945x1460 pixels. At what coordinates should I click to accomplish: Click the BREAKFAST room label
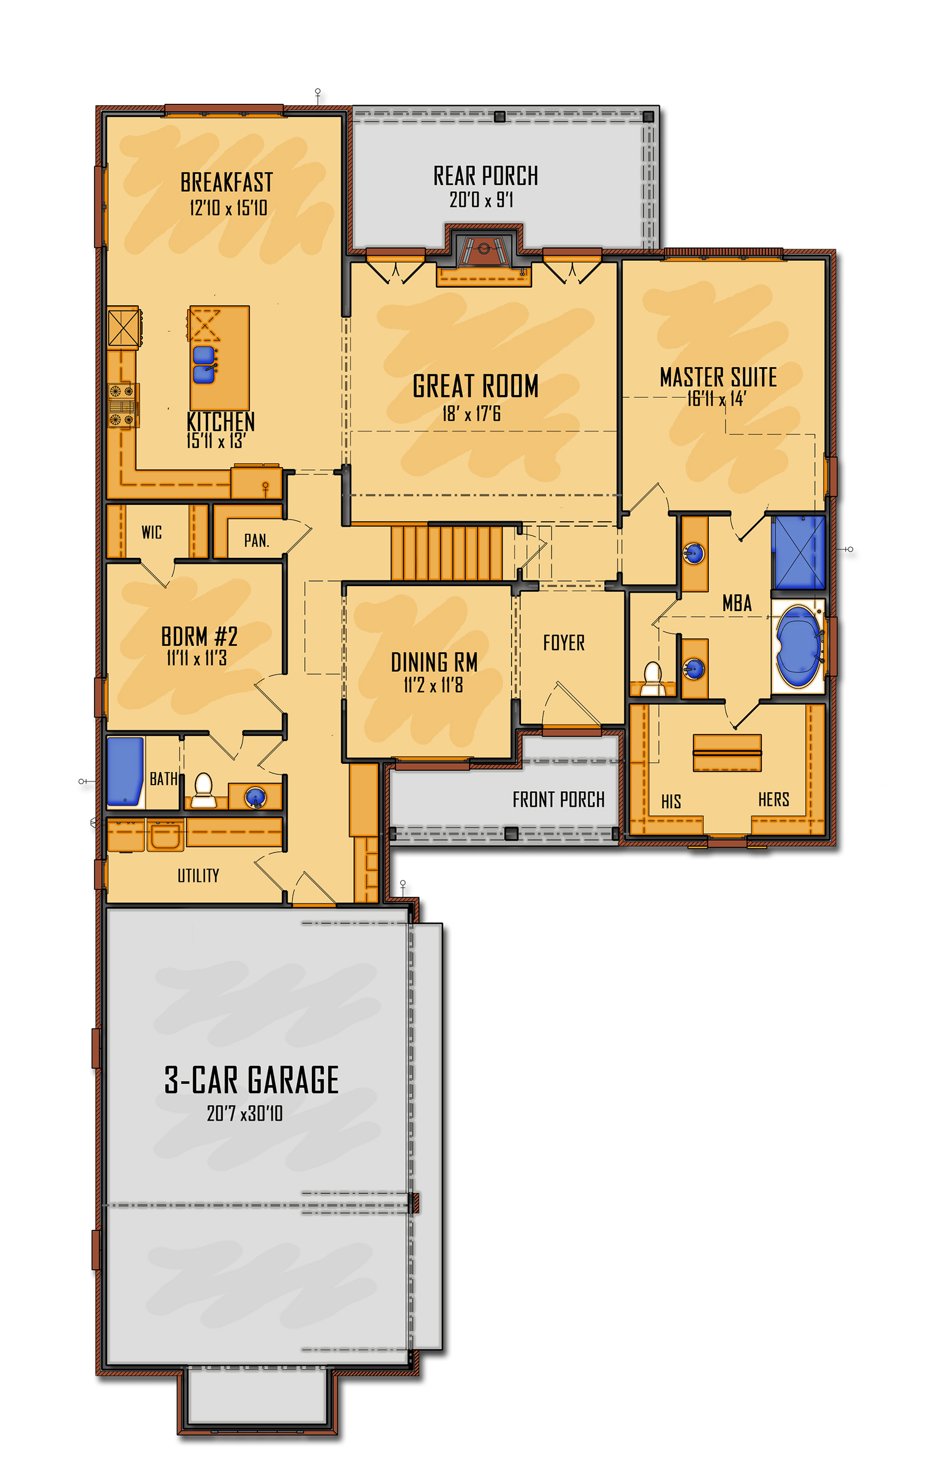coord(226,182)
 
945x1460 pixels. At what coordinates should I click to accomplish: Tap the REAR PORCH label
coord(485,176)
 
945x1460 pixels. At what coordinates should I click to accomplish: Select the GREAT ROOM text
coord(475,386)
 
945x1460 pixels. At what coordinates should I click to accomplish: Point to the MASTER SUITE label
coord(718,377)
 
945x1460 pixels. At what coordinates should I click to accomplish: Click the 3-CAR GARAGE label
coord(251,1080)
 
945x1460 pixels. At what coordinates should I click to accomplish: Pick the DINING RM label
coord(435,662)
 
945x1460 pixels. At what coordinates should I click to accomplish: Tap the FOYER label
coord(564,642)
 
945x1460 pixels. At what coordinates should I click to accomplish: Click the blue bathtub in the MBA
coord(799,646)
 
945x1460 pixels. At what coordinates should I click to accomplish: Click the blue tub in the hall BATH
coord(126,771)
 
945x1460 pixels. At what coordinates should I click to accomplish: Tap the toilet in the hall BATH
coord(203,791)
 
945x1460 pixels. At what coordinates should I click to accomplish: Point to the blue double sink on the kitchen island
coord(204,365)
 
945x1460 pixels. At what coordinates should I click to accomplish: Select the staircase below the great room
coord(447,553)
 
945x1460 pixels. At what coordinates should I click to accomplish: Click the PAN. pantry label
coord(256,540)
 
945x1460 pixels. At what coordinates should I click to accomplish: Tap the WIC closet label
coord(152,532)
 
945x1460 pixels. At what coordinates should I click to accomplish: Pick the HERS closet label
coord(773,799)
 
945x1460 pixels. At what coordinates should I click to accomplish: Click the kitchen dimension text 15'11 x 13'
coord(216,440)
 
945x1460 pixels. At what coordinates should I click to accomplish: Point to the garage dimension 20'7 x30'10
coord(245,1113)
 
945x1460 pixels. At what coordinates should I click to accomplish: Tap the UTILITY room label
coord(198,875)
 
